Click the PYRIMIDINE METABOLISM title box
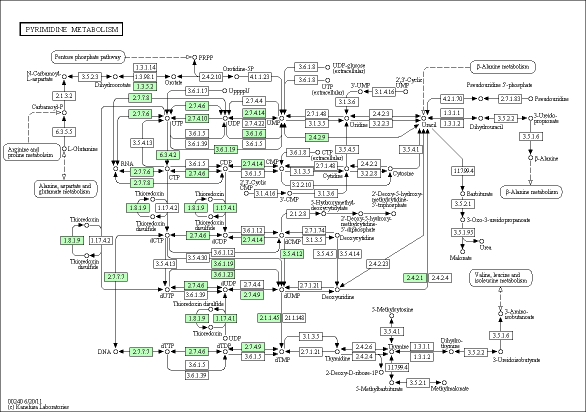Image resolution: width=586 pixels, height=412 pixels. pyautogui.click(x=71, y=29)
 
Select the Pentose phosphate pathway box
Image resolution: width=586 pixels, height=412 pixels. pyautogui.click(x=88, y=57)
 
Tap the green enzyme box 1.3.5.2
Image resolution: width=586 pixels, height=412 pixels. pyautogui.click(x=145, y=86)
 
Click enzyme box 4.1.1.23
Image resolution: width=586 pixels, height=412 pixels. pyautogui.click(x=259, y=76)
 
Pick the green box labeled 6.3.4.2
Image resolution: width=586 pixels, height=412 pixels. pyautogui.click(x=167, y=154)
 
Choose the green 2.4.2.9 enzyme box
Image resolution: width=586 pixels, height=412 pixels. pyautogui.click(x=316, y=137)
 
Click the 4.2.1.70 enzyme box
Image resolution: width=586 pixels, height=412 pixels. pyautogui.click(x=452, y=98)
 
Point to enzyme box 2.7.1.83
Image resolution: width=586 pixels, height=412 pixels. pyautogui.click(x=510, y=98)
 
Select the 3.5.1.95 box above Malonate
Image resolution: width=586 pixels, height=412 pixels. pyautogui.click(x=463, y=232)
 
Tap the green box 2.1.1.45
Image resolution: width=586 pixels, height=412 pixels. pyautogui.click(x=269, y=318)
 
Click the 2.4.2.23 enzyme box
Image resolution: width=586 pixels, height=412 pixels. pyautogui.click(x=378, y=263)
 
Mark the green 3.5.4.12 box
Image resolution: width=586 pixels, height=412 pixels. pyautogui.click(x=292, y=254)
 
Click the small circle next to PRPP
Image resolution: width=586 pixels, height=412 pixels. pyautogui.click(x=194, y=57)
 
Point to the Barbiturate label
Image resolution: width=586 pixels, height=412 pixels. pyautogui.click(x=479, y=193)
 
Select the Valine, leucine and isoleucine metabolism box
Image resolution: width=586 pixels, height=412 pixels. pyautogui.click(x=501, y=278)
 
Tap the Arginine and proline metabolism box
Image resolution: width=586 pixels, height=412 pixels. pyautogui.click(x=31, y=152)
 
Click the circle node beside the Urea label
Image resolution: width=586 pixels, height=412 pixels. pyautogui.click(x=481, y=241)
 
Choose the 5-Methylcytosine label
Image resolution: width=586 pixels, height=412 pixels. pyautogui.click(x=392, y=309)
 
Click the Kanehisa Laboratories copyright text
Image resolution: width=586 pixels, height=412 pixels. pyautogui.click(x=38, y=407)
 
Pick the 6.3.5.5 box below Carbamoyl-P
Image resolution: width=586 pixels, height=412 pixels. pyautogui.click(x=64, y=132)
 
